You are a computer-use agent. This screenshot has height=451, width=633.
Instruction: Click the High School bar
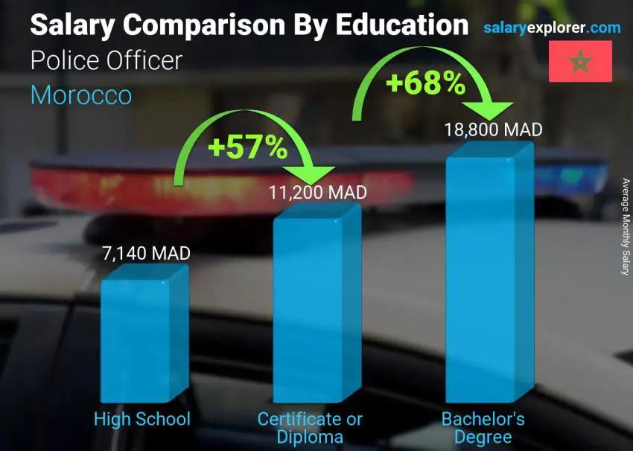pos(141,339)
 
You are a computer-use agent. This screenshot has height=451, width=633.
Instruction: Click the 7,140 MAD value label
pos(146,253)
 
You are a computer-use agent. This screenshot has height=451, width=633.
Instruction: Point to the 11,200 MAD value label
pos(318,193)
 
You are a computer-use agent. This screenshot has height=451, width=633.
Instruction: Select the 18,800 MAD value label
pos(493,129)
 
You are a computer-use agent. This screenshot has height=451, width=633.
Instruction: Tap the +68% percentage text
pos(425,83)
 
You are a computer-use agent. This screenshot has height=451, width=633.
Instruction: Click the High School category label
pos(142,419)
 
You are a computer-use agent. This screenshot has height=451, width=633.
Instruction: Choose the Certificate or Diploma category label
pos(310,428)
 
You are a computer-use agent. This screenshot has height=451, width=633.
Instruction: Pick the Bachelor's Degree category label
pos(483,428)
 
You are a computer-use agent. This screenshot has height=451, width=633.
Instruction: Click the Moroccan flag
pos(580,61)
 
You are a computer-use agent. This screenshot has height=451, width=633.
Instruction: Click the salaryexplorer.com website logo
pos(552,28)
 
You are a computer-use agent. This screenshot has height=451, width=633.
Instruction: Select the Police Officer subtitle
pos(106,60)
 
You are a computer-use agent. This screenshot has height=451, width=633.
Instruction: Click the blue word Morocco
pos(81,95)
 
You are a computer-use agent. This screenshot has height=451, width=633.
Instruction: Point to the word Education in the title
pos(402,25)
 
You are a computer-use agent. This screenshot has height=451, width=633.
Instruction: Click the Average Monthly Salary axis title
pos(626,228)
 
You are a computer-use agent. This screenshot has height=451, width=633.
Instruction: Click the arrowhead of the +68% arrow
pos(493,110)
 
